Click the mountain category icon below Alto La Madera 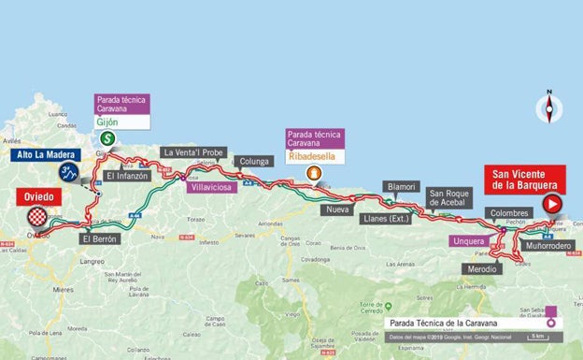coord(68,172)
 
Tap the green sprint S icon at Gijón coord(108,138)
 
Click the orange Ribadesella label coord(315,154)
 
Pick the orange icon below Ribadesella coord(314,173)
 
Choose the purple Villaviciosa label coord(210,187)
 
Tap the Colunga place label coord(254,160)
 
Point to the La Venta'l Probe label coord(192,152)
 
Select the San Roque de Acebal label coord(446,197)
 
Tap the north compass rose coord(548,110)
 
